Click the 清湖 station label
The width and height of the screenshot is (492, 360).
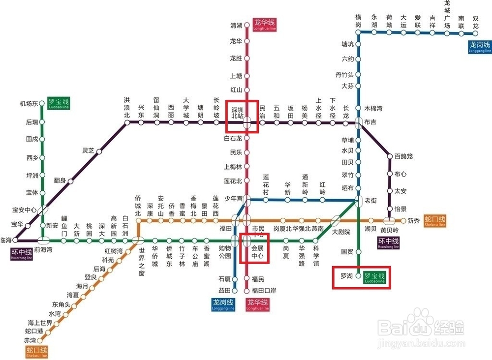tap(236, 25)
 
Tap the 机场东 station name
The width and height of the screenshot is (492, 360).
tap(29, 104)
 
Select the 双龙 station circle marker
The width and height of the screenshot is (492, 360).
tap(476, 33)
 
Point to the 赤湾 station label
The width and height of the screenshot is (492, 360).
tap(30, 340)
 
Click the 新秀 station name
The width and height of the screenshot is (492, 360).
tap(414, 221)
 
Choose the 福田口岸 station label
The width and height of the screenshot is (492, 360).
tap(264, 291)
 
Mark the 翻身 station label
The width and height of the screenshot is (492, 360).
tap(60, 181)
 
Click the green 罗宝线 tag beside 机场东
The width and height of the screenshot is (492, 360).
tap(59, 103)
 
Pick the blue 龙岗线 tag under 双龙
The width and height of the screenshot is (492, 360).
tap(479, 47)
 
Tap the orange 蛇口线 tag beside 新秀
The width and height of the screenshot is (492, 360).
tap(434, 221)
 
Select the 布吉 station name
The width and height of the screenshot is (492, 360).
tap(370, 121)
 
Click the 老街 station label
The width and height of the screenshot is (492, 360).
tap(370, 200)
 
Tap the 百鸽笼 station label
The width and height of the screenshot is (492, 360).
tap(403, 156)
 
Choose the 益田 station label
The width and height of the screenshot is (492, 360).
tap(224, 290)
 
